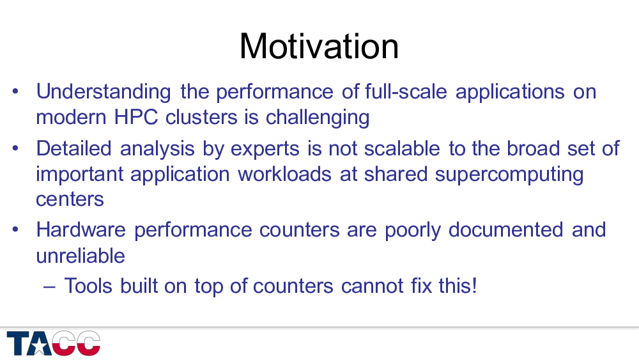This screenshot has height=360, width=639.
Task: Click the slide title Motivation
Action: (x=319, y=46)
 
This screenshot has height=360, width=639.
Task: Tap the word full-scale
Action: (x=406, y=91)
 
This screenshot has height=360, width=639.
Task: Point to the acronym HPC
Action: (x=135, y=118)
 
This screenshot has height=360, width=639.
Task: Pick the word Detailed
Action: (x=73, y=148)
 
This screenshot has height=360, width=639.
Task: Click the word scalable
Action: (x=402, y=148)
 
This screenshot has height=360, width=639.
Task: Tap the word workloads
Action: (x=284, y=174)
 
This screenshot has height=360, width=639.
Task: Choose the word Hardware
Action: (x=81, y=230)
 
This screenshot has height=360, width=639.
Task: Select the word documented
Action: (x=505, y=230)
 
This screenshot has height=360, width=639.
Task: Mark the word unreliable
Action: (x=81, y=256)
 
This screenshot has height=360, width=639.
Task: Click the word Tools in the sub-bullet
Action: (x=88, y=286)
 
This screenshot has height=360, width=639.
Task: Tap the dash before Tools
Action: (x=49, y=287)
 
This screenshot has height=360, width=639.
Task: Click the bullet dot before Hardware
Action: (x=15, y=230)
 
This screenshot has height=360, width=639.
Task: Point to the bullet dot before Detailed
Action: (x=15, y=148)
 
